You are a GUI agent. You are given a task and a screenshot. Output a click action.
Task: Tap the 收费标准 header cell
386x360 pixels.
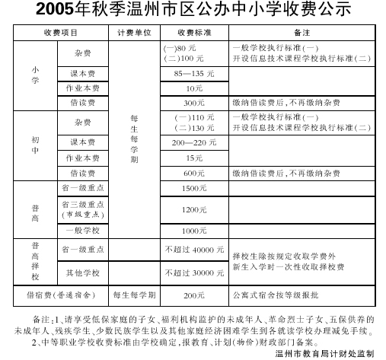tap(194, 33)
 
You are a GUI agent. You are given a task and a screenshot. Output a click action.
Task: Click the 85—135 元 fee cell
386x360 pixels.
tap(194, 74)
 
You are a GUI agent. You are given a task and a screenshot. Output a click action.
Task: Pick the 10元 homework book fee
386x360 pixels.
tap(194, 88)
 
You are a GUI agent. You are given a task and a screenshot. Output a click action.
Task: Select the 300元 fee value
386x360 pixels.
tap(194, 102)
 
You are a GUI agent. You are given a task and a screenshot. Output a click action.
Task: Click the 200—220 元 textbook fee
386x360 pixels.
tap(194, 142)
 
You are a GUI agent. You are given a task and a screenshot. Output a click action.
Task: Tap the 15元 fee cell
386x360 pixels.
tap(194, 158)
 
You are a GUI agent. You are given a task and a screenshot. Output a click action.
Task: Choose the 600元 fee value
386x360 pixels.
tap(194, 173)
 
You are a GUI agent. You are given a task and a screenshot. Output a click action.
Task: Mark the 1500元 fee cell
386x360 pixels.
tap(194, 187)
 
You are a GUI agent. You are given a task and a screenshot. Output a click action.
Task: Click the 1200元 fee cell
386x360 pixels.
tap(194, 209)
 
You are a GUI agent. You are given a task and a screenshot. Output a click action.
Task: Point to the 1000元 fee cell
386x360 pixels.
tap(194, 230)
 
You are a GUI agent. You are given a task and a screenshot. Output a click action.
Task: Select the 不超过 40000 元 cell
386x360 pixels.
tap(194, 249)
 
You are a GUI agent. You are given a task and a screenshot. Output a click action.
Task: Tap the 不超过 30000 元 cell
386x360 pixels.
tap(194, 272)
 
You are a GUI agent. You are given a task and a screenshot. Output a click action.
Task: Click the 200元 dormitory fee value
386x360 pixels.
tap(194, 295)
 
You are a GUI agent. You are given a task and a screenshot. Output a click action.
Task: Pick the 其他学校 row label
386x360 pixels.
tap(84, 272)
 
